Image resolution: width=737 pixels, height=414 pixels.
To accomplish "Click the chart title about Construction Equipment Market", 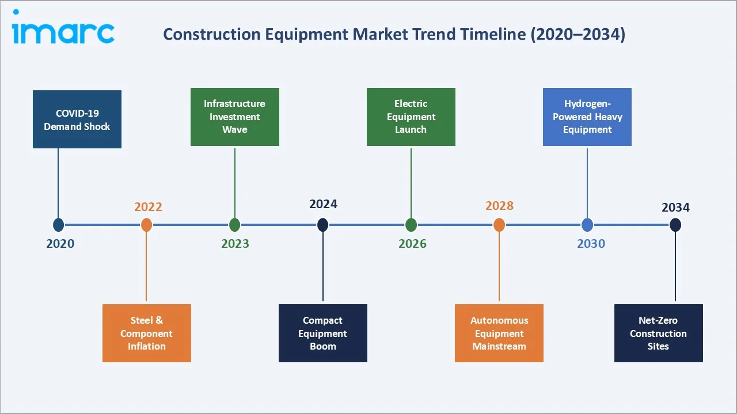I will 394,34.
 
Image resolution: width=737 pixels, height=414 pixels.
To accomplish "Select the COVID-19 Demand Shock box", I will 77,120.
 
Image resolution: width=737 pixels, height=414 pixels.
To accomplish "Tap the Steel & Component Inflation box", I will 147,333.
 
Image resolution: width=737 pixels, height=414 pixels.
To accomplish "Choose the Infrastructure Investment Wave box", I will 235,117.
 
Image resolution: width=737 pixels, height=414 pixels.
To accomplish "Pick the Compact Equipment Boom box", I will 323,333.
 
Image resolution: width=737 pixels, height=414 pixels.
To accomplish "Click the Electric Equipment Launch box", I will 411,117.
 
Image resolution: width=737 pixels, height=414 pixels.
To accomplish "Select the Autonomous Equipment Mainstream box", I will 499,333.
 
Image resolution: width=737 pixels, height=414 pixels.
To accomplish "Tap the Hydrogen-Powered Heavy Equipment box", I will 587,117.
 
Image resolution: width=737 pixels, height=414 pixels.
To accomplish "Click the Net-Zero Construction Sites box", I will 658,333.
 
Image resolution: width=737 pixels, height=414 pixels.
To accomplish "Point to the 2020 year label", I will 60,244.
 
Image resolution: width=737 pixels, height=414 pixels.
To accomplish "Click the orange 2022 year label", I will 148,207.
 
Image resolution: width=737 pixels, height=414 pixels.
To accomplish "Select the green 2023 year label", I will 235,244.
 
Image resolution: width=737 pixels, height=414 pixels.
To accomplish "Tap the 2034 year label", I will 675,207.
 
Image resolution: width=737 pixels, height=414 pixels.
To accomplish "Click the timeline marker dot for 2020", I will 58,225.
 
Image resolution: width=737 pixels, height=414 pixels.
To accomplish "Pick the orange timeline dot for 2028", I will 499,225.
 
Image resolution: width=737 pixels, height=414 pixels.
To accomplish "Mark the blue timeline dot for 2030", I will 587,225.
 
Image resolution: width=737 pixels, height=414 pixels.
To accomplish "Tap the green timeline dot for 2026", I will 411,225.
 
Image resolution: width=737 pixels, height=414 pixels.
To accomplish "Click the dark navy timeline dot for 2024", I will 323,225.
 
